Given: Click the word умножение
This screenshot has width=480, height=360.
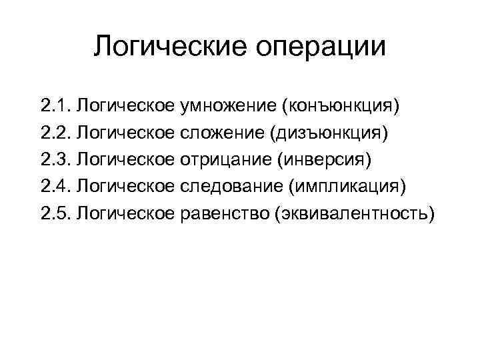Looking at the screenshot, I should click(x=229, y=106).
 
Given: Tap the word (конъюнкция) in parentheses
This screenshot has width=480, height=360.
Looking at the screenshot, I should click(x=341, y=106).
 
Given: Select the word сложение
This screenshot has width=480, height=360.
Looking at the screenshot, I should click(x=221, y=133).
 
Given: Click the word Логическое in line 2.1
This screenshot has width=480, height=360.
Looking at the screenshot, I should click(x=126, y=106).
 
